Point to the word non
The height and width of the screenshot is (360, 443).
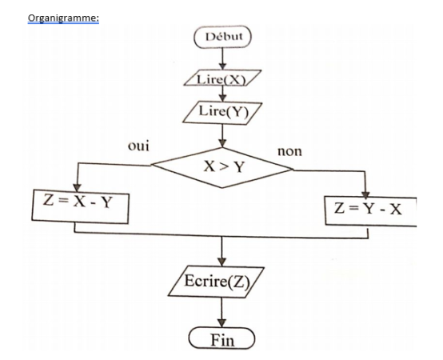[288, 150]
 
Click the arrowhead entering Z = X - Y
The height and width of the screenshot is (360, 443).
[74, 186]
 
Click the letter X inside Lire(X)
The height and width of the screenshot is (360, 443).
[233, 78]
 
